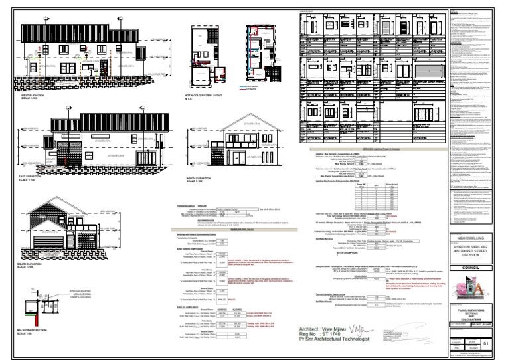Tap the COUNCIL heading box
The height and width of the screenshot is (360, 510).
pos(473,268)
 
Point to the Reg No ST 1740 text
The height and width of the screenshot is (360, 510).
pos(327,334)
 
